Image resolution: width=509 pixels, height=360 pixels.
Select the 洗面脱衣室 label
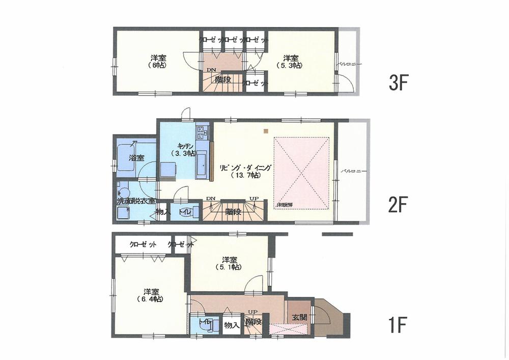click(x=136, y=201)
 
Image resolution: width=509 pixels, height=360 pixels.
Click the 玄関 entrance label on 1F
click(x=299, y=317)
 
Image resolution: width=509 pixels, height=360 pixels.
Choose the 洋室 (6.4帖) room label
click(x=151, y=295)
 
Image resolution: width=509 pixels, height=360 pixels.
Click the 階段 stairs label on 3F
click(x=222, y=79)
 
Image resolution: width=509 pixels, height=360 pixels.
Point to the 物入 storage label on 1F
click(x=232, y=324)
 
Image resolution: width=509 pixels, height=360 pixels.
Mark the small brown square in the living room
click(x=266, y=131)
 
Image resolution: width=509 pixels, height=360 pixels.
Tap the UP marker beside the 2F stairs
click(x=253, y=199)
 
